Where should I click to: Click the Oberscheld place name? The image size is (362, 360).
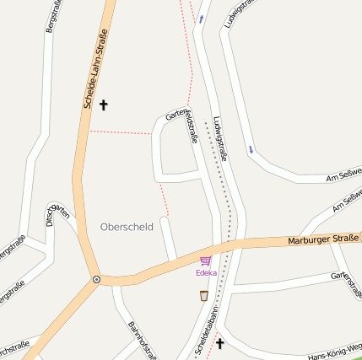(x=127, y=226)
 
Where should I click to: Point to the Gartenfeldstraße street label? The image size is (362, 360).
(x=181, y=126)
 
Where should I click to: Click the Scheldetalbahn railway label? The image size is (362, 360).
(x=206, y=329)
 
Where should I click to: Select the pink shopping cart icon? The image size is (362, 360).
(x=205, y=261)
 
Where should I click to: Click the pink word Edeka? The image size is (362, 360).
(x=206, y=273)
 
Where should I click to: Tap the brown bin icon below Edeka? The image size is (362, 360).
(x=203, y=295)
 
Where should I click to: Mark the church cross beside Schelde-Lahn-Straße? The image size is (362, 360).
(x=105, y=105)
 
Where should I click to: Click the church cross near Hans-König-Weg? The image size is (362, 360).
(x=221, y=343)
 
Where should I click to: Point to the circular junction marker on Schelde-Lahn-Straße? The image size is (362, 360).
(x=96, y=279)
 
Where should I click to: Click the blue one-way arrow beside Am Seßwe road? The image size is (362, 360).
(x=251, y=150)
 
